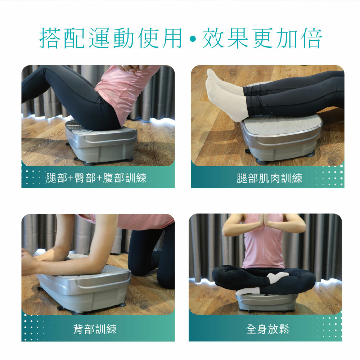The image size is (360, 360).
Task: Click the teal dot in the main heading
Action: [193, 39]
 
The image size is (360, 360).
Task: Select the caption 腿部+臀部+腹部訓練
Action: [96, 178]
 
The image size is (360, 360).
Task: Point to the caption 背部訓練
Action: [95, 329]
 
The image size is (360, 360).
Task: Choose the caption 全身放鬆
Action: [267, 329]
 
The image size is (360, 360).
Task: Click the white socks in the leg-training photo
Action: [226, 95]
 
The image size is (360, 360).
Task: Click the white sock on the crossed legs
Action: [278, 277]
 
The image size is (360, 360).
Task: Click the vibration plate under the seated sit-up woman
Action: [101, 142]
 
